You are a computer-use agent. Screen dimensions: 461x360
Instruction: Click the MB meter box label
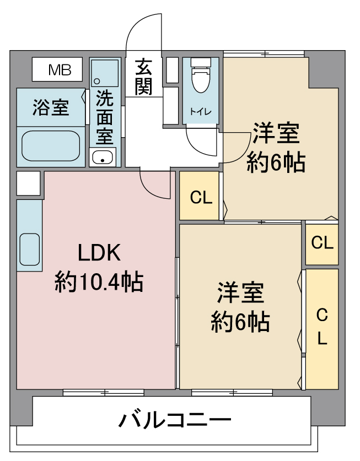point(58,69)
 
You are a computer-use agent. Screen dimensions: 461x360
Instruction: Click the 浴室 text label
point(51,107)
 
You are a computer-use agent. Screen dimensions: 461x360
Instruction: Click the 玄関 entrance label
point(144,77)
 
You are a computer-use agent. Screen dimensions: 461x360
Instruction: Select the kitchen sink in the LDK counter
point(30,250)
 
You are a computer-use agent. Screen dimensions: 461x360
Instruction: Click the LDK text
point(98,253)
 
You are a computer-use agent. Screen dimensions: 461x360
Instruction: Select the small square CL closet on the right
point(322,243)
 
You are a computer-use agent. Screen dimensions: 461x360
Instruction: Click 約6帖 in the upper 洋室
point(276,162)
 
